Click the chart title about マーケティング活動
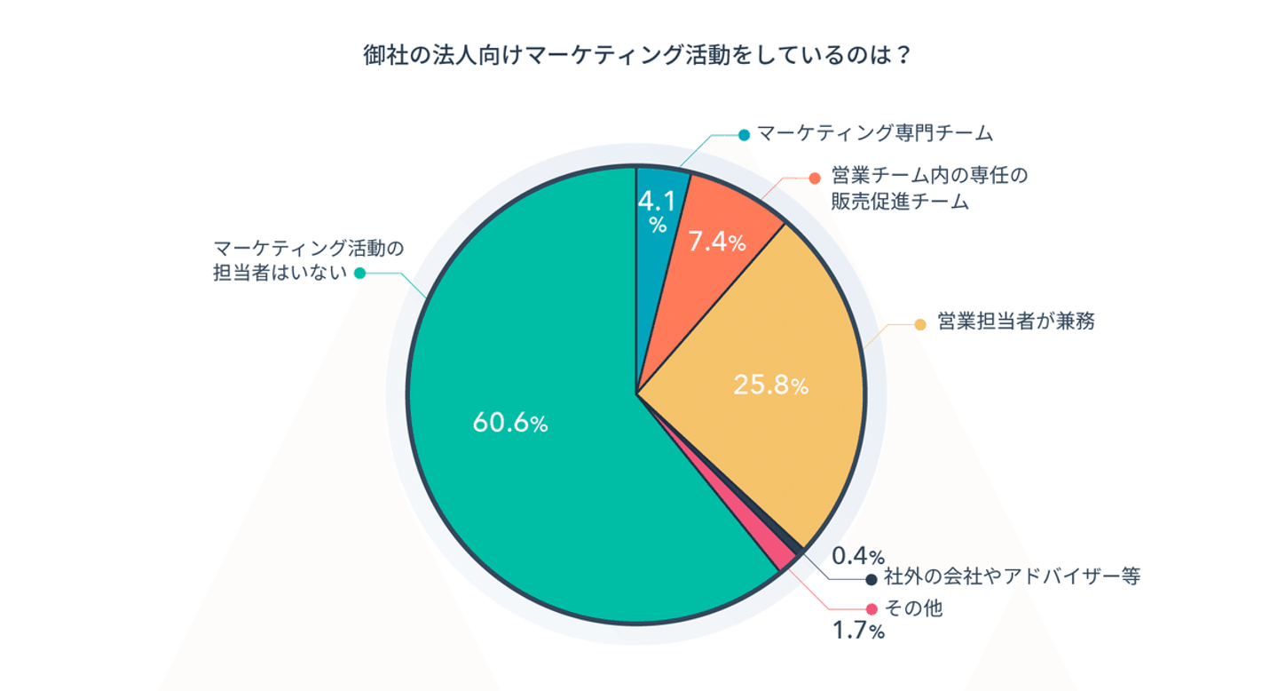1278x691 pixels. tap(637, 55)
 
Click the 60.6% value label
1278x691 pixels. tap(509, 424)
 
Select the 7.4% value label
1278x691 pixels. tap(717, 242)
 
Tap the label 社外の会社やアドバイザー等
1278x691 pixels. tap(1011, 577)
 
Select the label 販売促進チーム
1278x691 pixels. tap(899, 203)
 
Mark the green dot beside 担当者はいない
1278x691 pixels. tap(359, 274)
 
